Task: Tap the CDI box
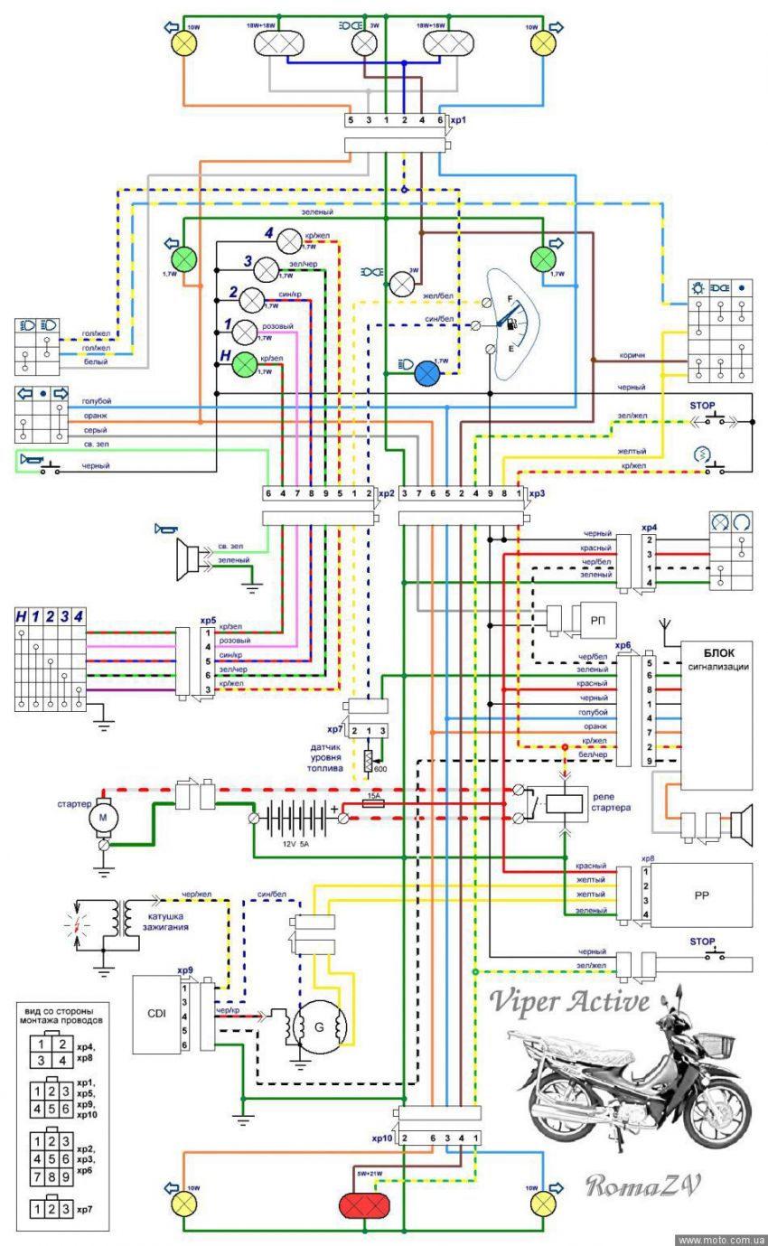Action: point(155,1014)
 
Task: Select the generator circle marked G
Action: point(319,1026)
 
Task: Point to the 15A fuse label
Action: point(373,798)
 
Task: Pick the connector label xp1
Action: point(458,119)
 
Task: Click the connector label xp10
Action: point(381,1138)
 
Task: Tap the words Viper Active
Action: point(571,1002)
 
